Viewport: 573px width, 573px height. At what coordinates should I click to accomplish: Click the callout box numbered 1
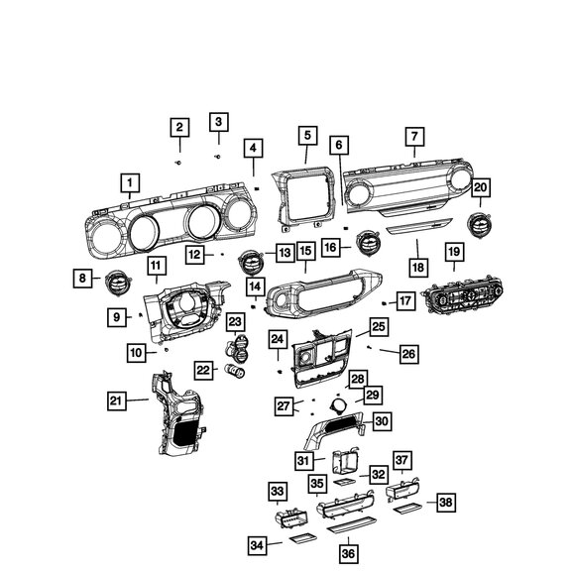point(130,182)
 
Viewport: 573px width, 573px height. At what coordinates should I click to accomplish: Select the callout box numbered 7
point(414,137)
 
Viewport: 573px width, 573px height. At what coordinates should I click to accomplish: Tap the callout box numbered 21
point(117,401)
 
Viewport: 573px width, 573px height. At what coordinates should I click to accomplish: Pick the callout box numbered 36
point(348,553)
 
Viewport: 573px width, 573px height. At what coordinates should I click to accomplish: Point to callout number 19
point(454,252)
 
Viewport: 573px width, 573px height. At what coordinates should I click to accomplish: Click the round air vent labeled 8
point(118,283)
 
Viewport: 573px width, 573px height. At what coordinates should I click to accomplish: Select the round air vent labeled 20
point(479,225)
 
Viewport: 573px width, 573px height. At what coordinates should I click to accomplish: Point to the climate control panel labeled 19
point(463,296)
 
